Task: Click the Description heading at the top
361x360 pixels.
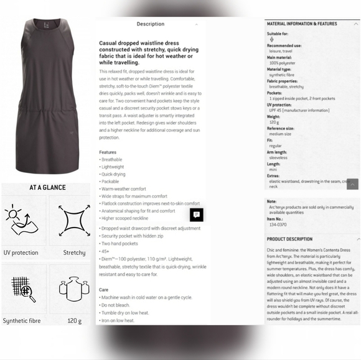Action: click(151, 24)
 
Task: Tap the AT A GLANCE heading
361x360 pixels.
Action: click(47, 187)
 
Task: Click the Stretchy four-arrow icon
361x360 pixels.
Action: click(74, 221)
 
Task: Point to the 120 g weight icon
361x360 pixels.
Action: click(74, 289)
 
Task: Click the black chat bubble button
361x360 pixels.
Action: click(197, 215)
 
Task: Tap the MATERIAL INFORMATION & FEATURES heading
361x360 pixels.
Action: click(301, 23)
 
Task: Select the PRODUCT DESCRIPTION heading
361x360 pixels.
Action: click(289, 239)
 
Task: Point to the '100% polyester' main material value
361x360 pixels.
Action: click(282, 63)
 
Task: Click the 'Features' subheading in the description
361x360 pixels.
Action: click(108, 152)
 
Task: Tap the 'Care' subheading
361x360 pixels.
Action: click(104, 290)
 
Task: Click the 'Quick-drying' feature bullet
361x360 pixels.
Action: click(114, 174)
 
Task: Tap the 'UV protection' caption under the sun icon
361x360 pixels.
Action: click(21, 253)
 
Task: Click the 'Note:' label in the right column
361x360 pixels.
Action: click(271, 201)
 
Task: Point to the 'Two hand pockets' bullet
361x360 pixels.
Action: click(120, 244)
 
